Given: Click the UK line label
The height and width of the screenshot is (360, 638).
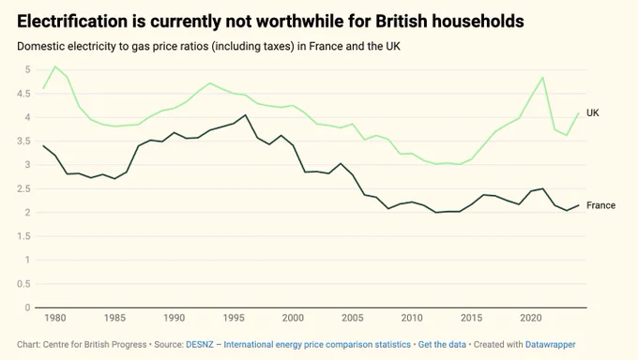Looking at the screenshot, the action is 592,113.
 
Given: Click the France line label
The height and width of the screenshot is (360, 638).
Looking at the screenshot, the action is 600,205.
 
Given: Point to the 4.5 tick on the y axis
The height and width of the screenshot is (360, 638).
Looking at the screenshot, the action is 23,94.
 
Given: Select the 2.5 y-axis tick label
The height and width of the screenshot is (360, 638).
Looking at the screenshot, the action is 23,188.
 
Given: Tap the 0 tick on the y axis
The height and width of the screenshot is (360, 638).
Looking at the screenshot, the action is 27,307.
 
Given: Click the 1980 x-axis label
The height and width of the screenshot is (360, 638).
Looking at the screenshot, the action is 55,318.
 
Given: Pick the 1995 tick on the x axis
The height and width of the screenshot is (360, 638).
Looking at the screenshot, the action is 234,318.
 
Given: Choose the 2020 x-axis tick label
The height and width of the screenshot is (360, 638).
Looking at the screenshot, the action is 531,318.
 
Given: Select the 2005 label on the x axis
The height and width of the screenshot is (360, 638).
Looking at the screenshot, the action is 353,318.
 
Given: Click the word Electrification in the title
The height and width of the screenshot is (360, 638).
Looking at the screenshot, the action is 71,22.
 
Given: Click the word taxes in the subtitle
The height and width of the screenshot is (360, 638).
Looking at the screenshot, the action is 279,46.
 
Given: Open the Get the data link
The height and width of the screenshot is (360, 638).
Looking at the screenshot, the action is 442,345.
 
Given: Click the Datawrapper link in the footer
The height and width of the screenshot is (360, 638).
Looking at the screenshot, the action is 550,345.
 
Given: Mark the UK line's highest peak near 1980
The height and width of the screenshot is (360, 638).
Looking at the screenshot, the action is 55,67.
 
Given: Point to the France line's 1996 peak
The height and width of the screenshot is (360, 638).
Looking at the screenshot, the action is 246,115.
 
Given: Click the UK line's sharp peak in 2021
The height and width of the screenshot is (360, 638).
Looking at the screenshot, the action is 542,77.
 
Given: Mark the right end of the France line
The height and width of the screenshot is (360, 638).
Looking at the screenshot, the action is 578,205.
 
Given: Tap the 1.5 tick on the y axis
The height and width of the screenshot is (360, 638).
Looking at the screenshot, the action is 23,236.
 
